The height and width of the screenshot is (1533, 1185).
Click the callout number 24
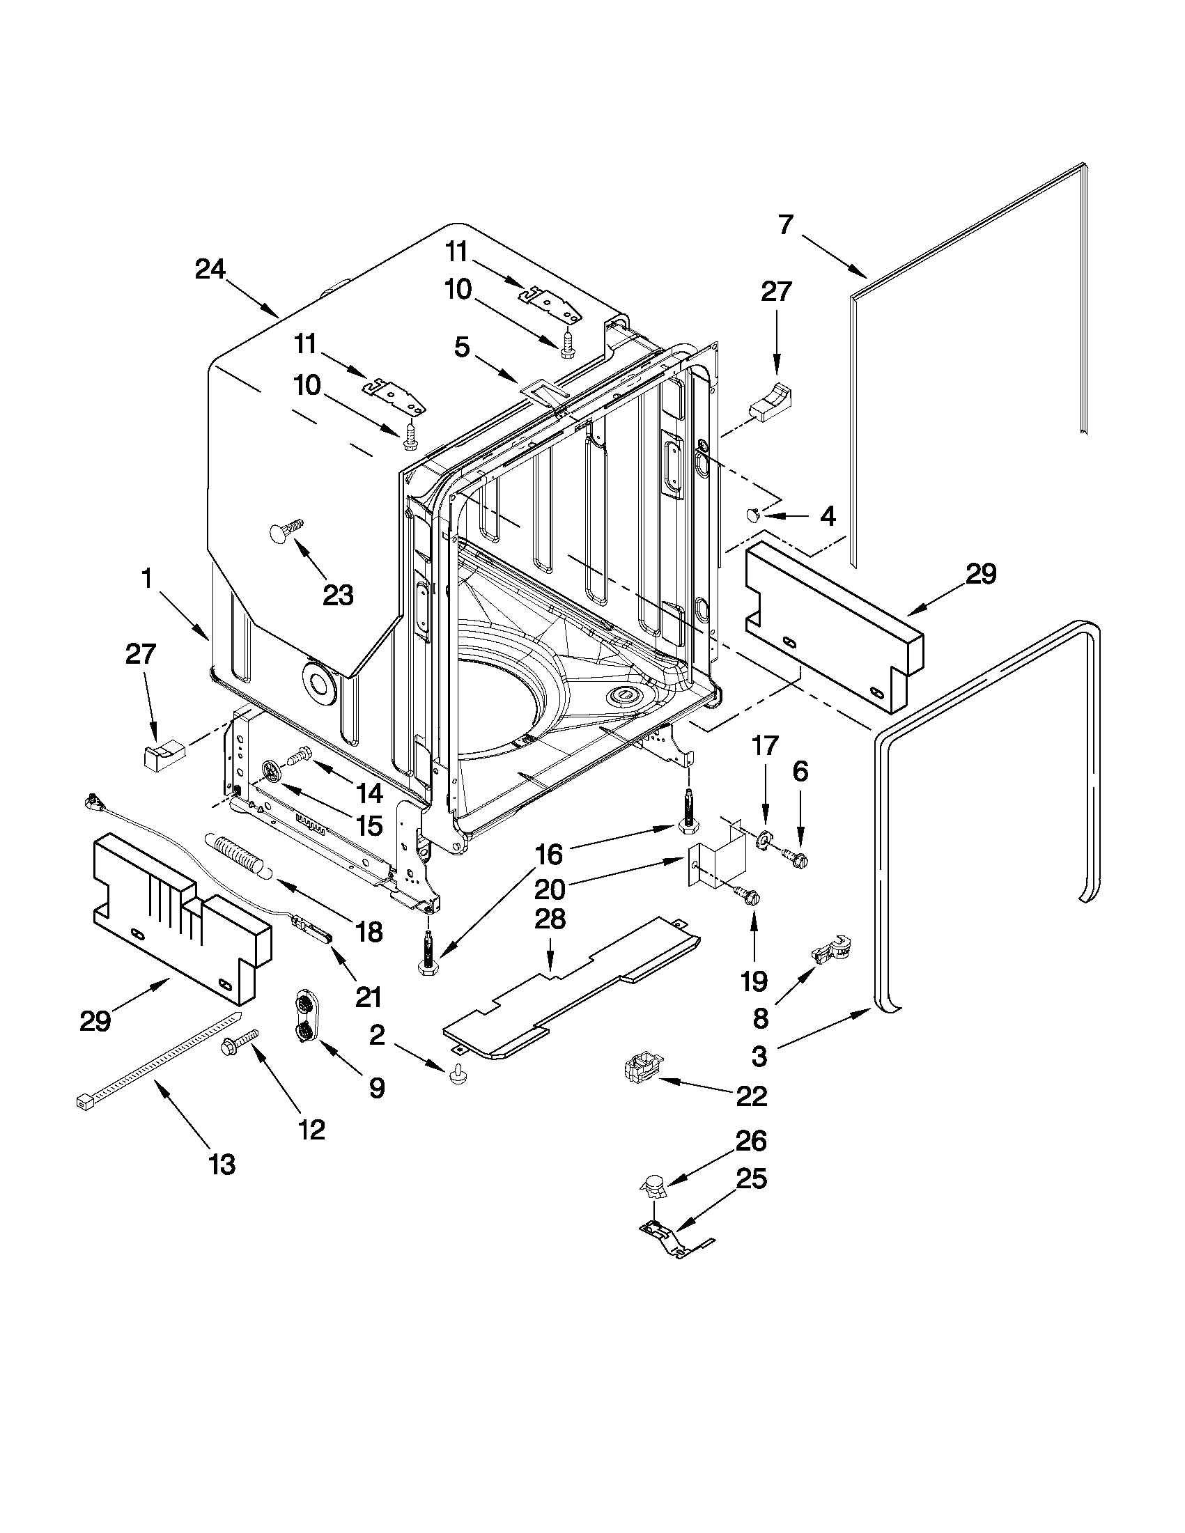click(x=210, y=270)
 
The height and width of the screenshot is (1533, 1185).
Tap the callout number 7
click(x=786, y=224)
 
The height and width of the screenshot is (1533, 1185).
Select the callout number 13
click(x=222, y=1165)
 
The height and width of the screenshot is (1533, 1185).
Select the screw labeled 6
click(x=793, y=854)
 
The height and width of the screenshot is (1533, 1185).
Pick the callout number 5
click(x=461, y=347)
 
